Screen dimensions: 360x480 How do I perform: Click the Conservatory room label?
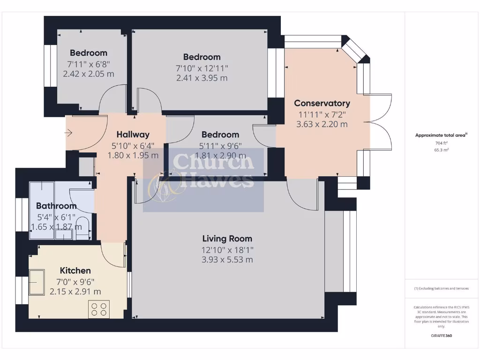coord(322,103)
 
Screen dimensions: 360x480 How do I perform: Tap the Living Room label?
coord(227,239)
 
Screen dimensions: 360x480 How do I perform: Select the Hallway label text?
coord(133,135)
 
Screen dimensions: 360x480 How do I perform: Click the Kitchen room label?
coord(75,270)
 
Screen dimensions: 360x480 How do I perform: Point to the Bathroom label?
coord(56,206)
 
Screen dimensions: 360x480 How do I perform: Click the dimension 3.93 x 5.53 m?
coord(227,260)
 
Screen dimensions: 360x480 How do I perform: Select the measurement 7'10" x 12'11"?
coord(202,68)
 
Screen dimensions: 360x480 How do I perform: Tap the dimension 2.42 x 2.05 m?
coord(89,74)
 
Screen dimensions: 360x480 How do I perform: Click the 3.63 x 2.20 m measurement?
coord(322,124)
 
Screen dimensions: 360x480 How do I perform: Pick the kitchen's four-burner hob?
coord(98,309)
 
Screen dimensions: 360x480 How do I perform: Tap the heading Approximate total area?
coord(441,135)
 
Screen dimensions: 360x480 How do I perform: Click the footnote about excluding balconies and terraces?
coord(441,288)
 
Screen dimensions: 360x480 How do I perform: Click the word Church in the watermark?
coord(213,162)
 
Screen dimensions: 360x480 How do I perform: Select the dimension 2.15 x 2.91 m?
coord(75,291)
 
